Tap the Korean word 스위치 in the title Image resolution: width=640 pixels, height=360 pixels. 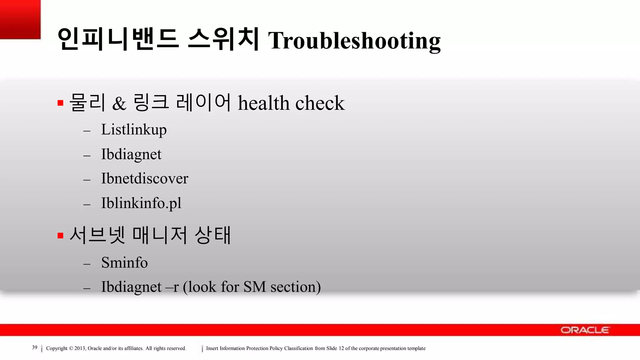[223, 39]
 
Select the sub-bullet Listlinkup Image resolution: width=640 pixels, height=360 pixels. [134, 130]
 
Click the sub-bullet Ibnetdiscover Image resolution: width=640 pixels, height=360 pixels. [144, 178]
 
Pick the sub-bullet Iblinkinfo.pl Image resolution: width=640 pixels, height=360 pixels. [141, 203]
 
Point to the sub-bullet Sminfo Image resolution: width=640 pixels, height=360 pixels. [124, 262]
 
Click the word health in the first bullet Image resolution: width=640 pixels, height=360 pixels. [263, 103]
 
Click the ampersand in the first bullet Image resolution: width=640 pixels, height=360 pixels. [119, 103]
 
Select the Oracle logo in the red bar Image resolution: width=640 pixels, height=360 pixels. [584, 330]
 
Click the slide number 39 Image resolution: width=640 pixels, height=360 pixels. [35, 347]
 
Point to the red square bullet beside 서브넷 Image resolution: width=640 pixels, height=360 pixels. [61, 236]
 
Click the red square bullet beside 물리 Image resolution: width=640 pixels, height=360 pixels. [61, 103]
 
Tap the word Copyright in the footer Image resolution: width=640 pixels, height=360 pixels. [57, 348]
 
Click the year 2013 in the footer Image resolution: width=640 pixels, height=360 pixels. [80, 348]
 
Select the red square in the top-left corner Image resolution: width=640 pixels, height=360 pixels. [20, 19]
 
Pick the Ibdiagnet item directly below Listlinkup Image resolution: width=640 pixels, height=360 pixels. [131, 154]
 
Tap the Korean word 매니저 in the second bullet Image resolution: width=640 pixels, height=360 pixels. [160, 235]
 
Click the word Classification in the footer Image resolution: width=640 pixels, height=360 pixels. [298, 348]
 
